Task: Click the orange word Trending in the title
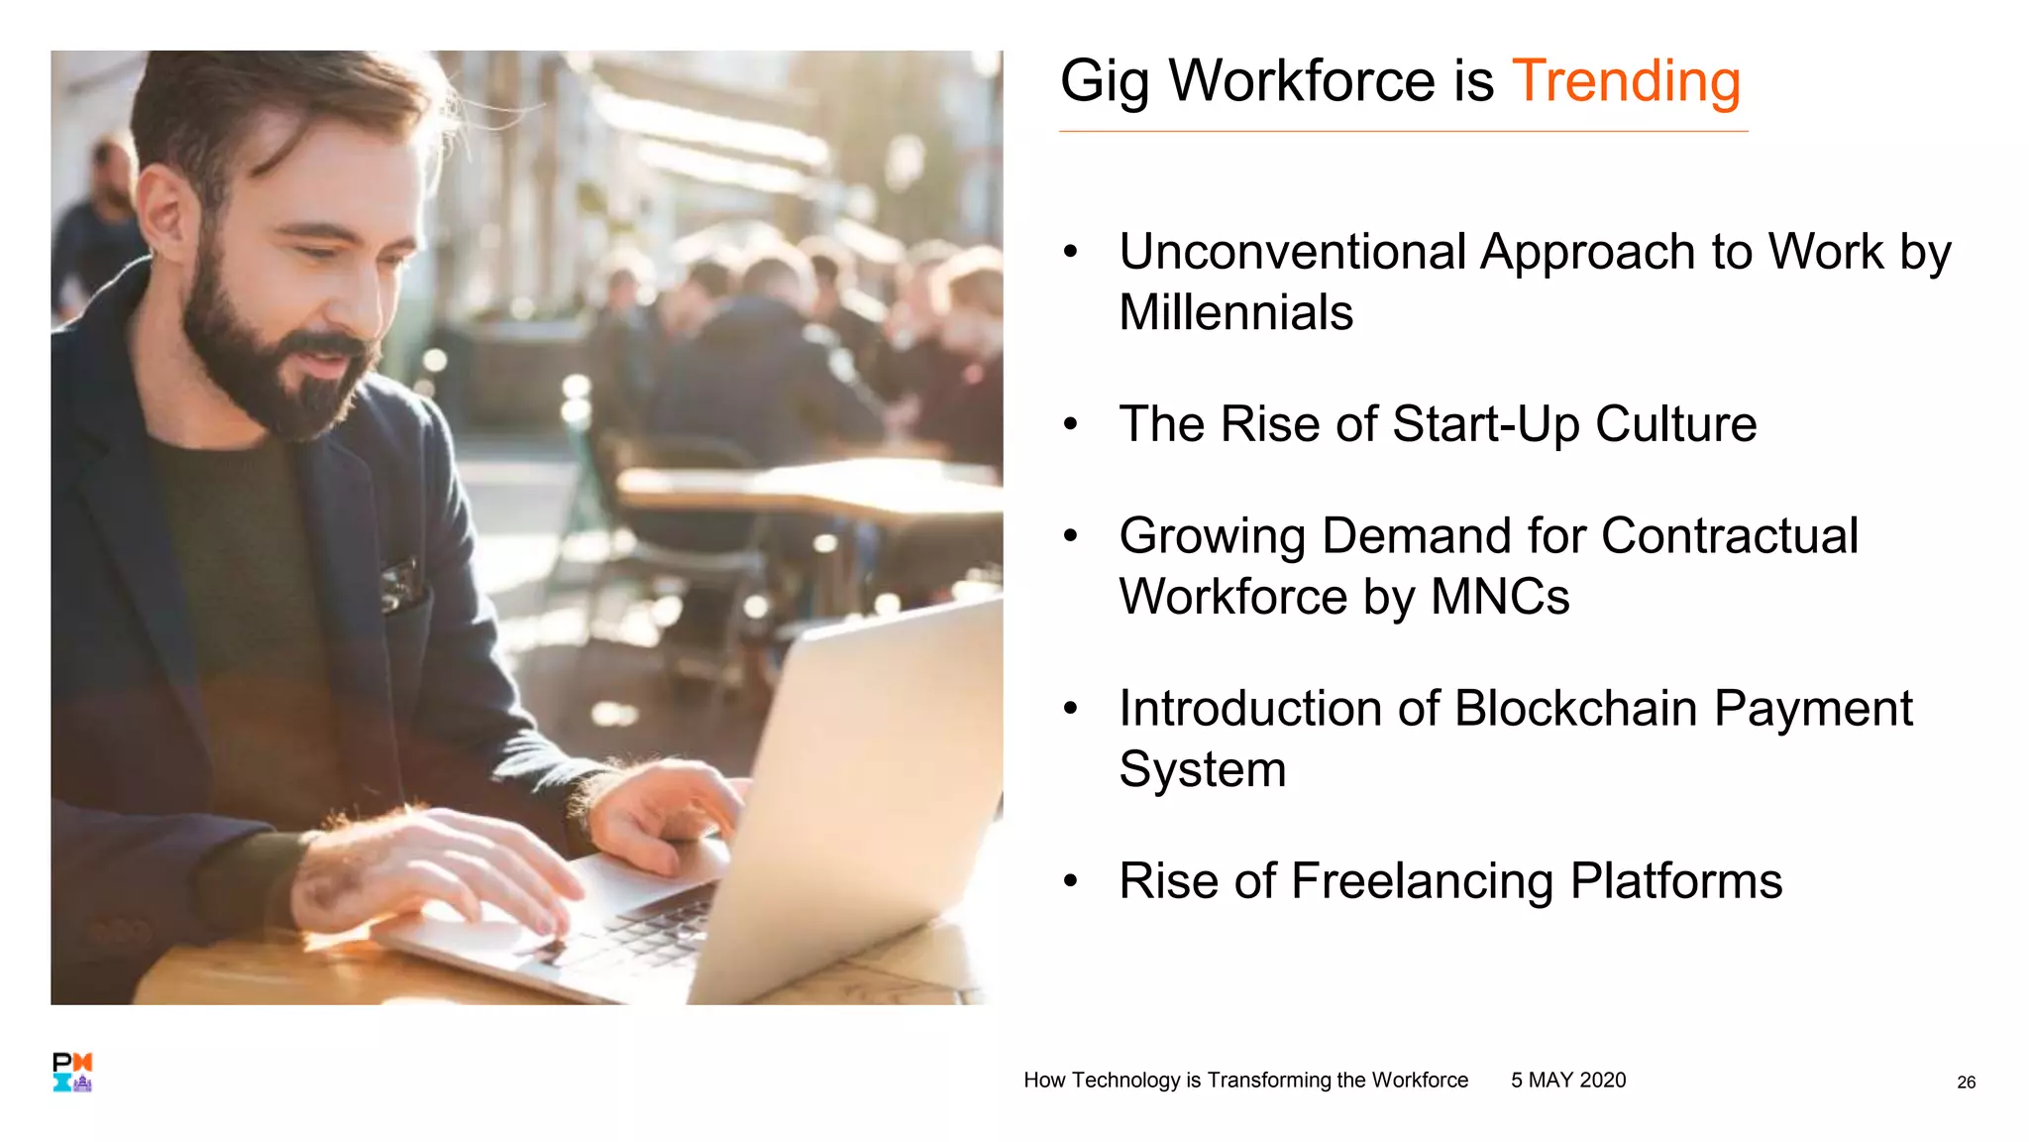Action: [1625, 81]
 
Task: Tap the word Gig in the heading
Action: [1104, 81]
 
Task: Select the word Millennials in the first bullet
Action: [1235, 313]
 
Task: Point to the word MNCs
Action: [1500, 598]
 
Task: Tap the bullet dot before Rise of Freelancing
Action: [1070, 881]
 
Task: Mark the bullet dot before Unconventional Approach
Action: [1070, 253]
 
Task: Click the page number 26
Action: [1966, 1083]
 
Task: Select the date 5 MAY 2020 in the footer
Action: [1567, 1081]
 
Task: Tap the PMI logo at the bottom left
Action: [72, 1073]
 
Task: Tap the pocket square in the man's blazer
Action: [399, 584]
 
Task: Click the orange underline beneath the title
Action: [1402, 131]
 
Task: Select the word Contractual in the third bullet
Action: [1729, 536]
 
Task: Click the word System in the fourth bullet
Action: [1202, 770]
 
